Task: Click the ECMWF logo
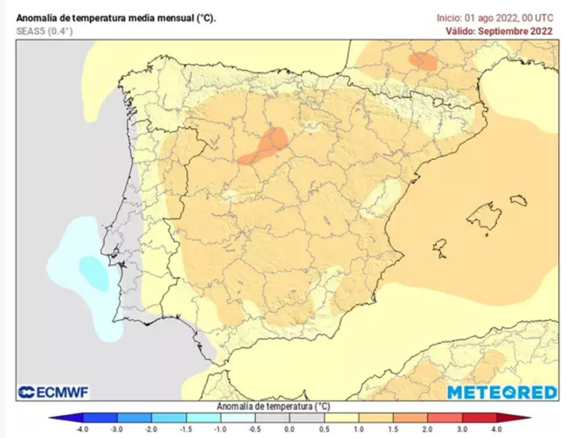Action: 53,393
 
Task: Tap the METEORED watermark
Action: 502,392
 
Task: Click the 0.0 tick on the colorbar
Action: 289,429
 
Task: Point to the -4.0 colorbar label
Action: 83,429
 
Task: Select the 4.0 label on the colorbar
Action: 496,429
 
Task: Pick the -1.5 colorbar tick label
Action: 186,429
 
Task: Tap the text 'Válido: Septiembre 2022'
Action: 499,31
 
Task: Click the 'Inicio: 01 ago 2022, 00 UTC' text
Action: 495,18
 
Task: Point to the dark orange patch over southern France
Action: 423,60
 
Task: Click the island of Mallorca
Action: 485,218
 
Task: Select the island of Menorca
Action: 519,200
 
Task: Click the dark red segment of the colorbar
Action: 478,418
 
